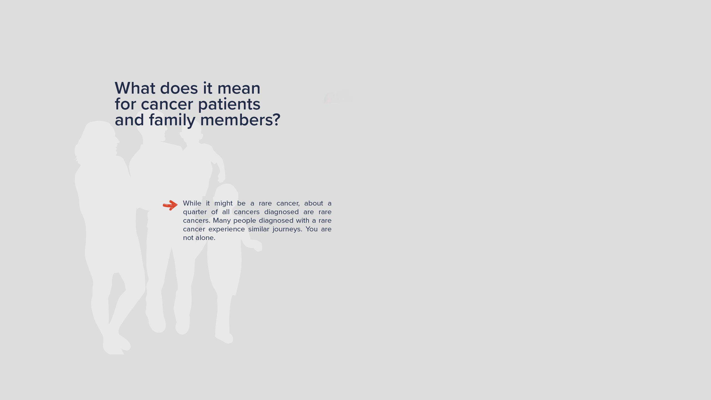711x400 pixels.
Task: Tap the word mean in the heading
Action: tap(239, 88)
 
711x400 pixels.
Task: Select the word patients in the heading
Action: tap(229, 104)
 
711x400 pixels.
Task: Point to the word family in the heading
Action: tap(172, 120)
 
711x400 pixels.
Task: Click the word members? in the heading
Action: tap(240, 120)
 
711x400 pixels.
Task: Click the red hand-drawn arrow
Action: tap(170, 205)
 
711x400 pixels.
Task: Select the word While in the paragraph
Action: tap(192, 203)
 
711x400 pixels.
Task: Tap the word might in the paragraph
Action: tap(223, 204)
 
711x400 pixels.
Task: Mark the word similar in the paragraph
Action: tap(259, 229)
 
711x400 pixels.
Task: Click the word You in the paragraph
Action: tap(312, 229)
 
